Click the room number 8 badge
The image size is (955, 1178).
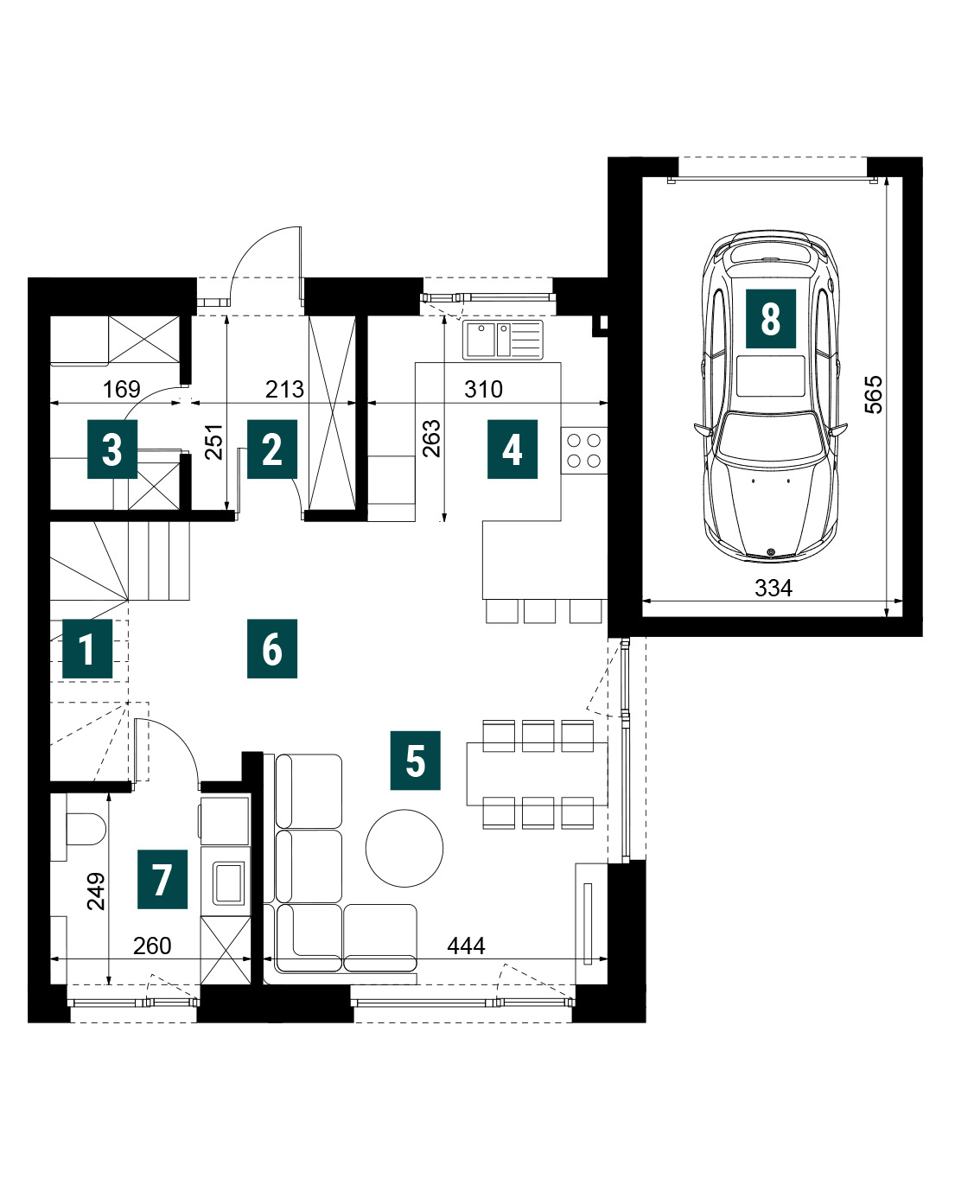click(770, 319)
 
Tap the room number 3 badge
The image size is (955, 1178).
click(112, 449)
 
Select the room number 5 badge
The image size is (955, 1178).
click(416, 761)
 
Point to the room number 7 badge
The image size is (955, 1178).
click(162, 879)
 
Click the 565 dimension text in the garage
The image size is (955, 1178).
click(874, 395)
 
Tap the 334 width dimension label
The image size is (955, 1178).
click(773, 589)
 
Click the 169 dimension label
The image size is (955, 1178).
click(122, 389)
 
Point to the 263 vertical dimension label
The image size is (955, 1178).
click(431, 438)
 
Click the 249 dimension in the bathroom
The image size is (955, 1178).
click(96, 892)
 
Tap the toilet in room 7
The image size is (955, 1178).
click(86, 829)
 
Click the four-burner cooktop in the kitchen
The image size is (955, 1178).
click(584, 451)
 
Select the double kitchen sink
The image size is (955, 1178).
click(503, 340)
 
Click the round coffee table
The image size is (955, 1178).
click(404, 849)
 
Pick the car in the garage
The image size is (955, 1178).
click(771, 397)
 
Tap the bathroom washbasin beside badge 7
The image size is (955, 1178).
click(228, 882)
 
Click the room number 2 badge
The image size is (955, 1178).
click(272, 449)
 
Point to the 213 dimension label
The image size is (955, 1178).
click(285, 389)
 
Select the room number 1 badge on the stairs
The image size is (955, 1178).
click(87, 649)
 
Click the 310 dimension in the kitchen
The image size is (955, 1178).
click(484, 389)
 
